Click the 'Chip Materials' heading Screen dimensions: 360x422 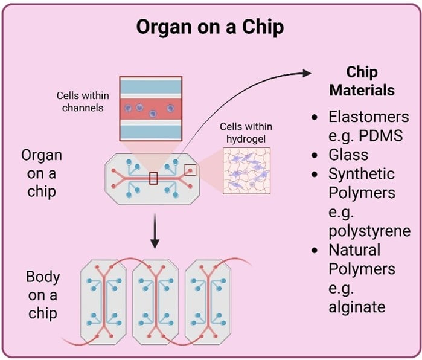(x=362, y=82)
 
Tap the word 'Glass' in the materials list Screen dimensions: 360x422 (x=348, y=155)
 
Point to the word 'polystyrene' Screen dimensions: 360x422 (x=369, y=231)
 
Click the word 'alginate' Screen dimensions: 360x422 (x=357, y=307)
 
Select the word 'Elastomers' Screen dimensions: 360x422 (x=369, y=117)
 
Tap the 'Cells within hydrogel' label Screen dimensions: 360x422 (x=246, y=133)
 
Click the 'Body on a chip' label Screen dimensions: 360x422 (x=43, y=295)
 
